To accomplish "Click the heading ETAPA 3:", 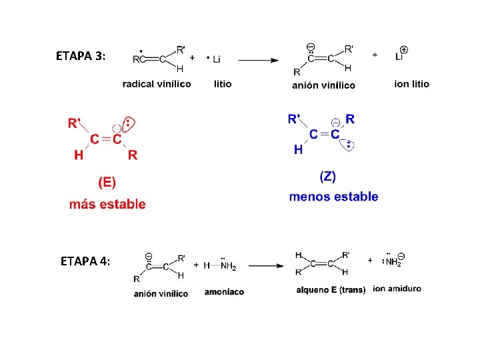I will point(80,56).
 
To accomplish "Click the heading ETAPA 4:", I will point(85,261).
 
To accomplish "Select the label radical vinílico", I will point(157,84).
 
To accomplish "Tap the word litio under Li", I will point(223,84).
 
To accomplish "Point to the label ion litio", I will point(411,84).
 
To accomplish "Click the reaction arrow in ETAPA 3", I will point(258,60).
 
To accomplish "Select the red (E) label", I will point(107,181).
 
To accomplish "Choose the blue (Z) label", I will point(327,176).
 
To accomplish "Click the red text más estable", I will point(107,204).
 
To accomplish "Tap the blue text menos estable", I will point(333,197).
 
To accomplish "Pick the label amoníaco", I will point(224,292).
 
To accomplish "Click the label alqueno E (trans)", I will point(331,290).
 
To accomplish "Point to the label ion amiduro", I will point(397,289).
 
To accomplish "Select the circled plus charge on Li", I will point(404,49).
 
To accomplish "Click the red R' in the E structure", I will point(75,123).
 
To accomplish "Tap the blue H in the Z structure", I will point(298,150).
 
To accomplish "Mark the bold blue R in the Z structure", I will point(350,119).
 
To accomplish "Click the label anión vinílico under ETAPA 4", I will point(161,293).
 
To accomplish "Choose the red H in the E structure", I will point(79,155).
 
